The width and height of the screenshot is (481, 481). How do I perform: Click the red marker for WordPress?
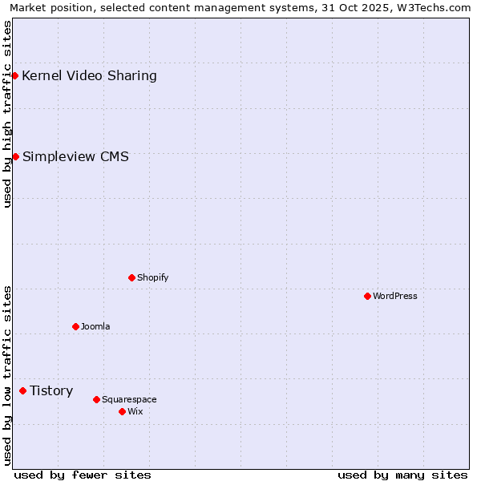[367, 296]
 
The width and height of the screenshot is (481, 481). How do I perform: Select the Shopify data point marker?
[131, 277]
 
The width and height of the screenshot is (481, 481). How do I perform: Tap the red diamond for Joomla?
[75, 326]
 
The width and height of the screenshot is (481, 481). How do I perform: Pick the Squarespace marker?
[96, 399]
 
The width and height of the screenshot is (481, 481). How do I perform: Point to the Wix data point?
[122, 411]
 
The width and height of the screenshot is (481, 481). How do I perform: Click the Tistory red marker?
[22, 390]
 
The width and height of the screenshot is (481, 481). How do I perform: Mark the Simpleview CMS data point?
[15, 156]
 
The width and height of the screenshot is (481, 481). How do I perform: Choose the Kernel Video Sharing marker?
[14, 75]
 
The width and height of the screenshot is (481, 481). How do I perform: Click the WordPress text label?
[395, 296]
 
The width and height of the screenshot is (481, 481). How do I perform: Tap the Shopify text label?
[153, 277]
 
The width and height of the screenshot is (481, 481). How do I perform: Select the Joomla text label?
[95, 326]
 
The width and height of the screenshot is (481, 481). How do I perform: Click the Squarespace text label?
[129, 399]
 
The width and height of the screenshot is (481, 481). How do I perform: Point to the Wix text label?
[135, 411]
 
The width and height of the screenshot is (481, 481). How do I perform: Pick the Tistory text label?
[51, 390]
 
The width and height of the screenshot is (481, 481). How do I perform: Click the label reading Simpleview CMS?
[75, 156]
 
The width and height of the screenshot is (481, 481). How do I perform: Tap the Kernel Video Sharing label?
[89, 76]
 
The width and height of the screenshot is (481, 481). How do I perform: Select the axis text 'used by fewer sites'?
[83, 475]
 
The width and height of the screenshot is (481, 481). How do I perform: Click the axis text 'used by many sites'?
[402, 475]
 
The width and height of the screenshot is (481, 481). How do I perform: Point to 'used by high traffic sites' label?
[7, 114]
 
